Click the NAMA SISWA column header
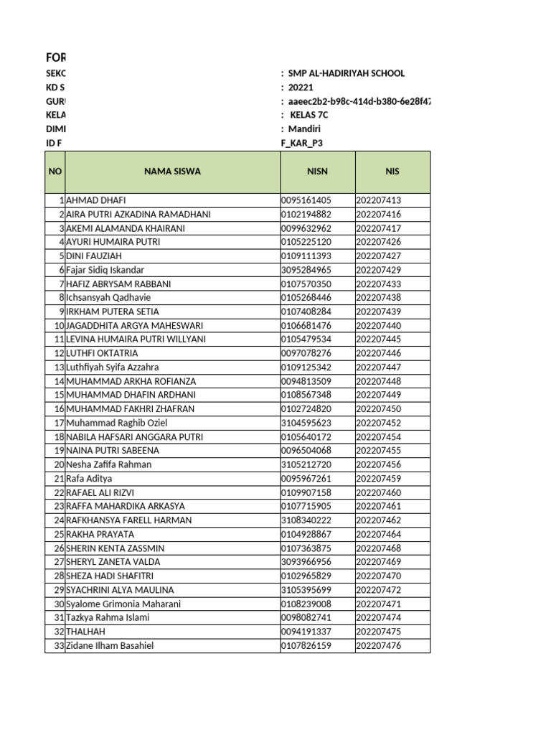tap(172, 172)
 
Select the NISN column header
tap(317, 172)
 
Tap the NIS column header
tap(392, 172)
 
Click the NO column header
tap(55, 172)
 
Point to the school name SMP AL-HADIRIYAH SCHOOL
tap(346, 73)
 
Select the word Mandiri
tap(304, 129)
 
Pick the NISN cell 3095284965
tap(306, 270)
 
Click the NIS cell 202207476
tap(379, 646)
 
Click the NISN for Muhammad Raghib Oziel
tap(306, 423)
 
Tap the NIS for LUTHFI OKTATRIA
tap(379, 354)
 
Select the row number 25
tap(59, 535)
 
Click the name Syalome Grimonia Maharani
tap(123, 604)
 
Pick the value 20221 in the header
tap(301, 88)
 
